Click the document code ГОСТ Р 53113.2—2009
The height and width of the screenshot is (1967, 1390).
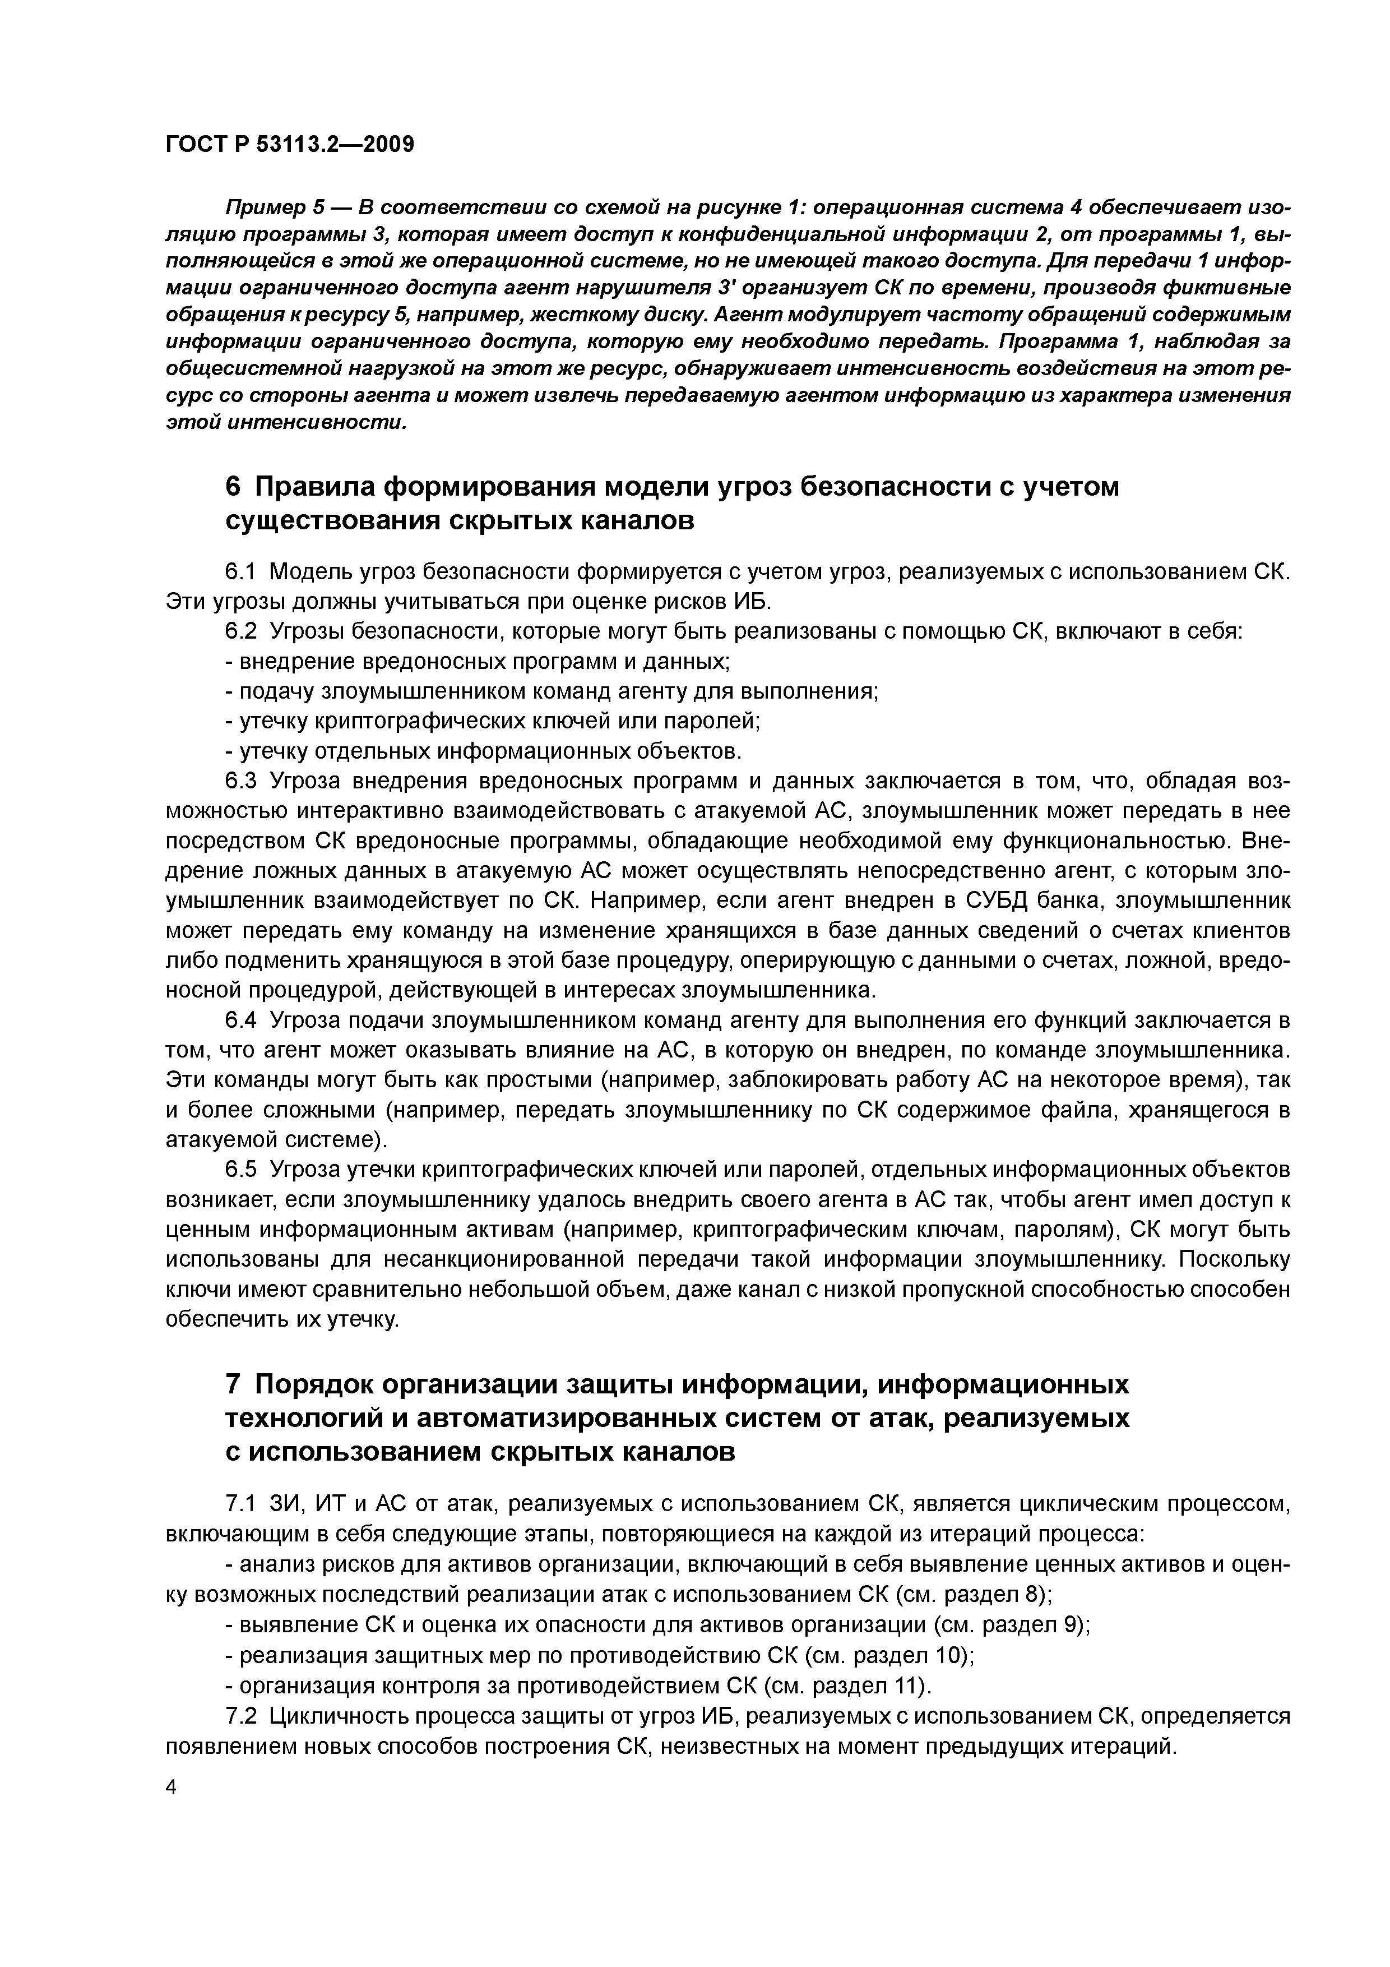point(289,144)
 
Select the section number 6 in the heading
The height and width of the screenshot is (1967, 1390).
point(233,487)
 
